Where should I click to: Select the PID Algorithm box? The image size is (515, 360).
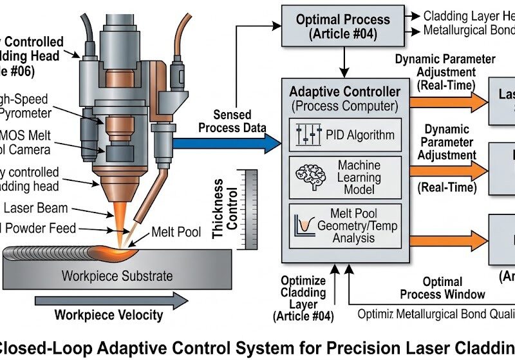tap(345, 135)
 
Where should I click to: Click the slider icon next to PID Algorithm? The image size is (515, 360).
tap(308, 135)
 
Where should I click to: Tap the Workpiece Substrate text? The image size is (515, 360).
tap(117, 276)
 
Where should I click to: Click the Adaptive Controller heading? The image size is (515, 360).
tap(344, 91)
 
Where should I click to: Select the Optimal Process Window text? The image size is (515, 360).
tap(443, 288)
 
